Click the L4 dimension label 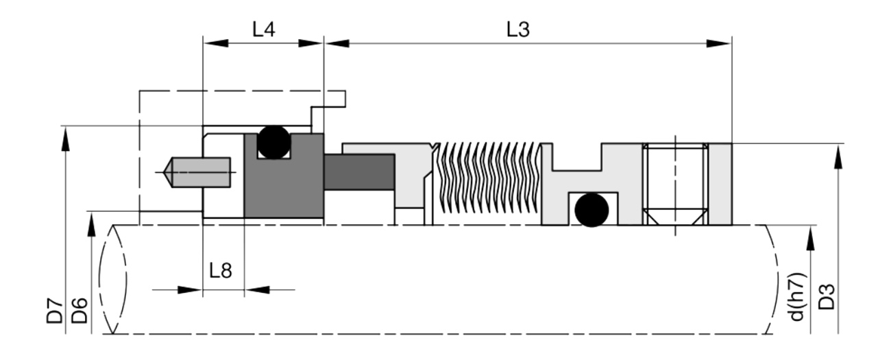(264, 29)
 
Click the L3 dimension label (518, 29)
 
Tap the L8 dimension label (221, 270)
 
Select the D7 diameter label (55, 310)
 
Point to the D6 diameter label (79, 310)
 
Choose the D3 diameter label (826, 297)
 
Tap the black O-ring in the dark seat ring (274, 143)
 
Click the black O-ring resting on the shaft (591, 210)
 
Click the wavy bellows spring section (487, 178)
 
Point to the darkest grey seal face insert (359, 172)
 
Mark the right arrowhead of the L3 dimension (719, 43)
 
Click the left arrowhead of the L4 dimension (216, 43)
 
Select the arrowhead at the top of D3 (838, 158)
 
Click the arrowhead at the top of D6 (91, 225)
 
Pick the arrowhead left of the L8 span (190, 290)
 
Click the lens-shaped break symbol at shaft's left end (113, 279)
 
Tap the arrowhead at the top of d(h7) (810, 238)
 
